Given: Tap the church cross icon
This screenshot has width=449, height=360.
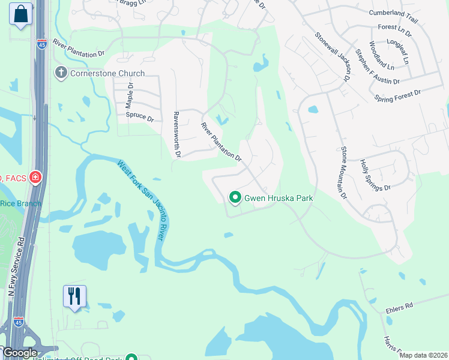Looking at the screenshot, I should tap(60, 73).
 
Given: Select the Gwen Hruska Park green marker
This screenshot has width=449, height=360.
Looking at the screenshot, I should tap(235, 197).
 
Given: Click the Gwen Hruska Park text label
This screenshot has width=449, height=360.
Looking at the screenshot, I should tap(279, 197).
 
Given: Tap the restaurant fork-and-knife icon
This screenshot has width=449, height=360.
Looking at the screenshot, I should tap(74, 296).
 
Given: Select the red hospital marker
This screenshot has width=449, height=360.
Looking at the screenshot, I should tap(35, 178).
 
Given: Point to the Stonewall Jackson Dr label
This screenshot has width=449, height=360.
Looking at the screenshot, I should tap(333, 57).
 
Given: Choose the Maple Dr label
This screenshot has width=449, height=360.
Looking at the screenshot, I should tap(128, 95).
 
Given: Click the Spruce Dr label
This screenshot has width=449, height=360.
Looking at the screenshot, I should tap(140, 117).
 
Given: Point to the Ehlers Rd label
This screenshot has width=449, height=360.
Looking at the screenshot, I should tap(400, 306).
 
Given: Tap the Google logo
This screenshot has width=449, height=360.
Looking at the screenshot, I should tap(19, 353).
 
